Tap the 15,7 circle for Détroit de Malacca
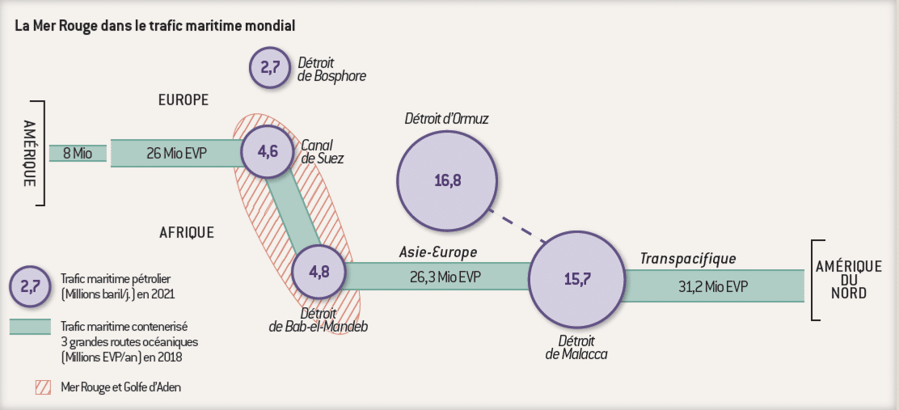[577, 280]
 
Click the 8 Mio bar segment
[78, 152]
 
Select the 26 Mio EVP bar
[176, 152]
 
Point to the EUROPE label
[183, 100]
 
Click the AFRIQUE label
[187, 233]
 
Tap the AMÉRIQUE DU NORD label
[847, 280]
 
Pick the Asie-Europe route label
[437, 251]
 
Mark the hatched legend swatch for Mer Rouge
[45, 387]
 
